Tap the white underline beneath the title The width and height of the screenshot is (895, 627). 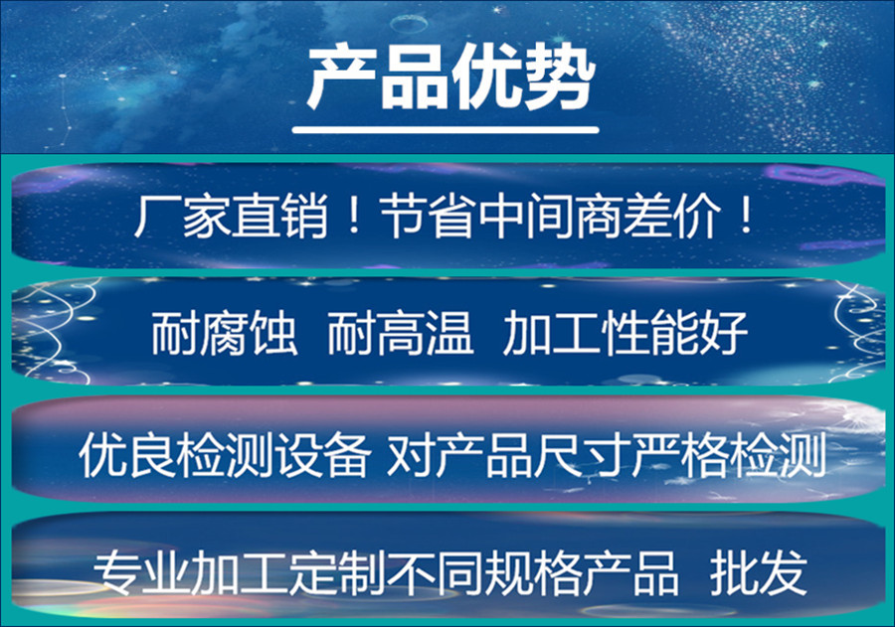(446, 130)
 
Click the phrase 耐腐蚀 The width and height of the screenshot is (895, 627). (225, 333)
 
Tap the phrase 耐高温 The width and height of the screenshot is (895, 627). (401, 333)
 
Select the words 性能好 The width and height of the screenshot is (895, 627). (674, 333)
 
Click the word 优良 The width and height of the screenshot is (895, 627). (126, 454)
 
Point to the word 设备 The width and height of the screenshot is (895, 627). (321, 454)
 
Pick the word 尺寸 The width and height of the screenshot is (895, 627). (582, 454)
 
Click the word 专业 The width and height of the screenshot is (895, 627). (141, 572)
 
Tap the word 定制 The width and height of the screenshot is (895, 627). (337, 572)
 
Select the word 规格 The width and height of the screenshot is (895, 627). (532, 572)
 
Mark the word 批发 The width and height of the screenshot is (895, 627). (758, 572)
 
